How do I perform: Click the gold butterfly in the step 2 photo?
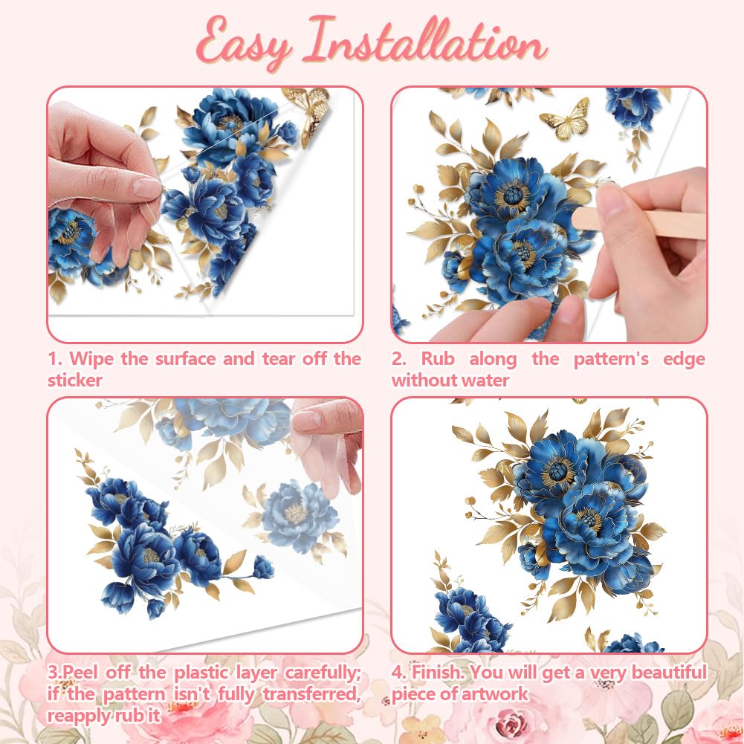566,119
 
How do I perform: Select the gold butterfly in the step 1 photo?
309,112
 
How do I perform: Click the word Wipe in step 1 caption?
91,359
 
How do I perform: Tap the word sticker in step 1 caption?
75,381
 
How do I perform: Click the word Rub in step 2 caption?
438,359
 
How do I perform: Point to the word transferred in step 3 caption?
312,694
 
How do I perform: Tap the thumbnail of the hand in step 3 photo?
308,419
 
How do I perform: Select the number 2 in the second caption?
398,359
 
